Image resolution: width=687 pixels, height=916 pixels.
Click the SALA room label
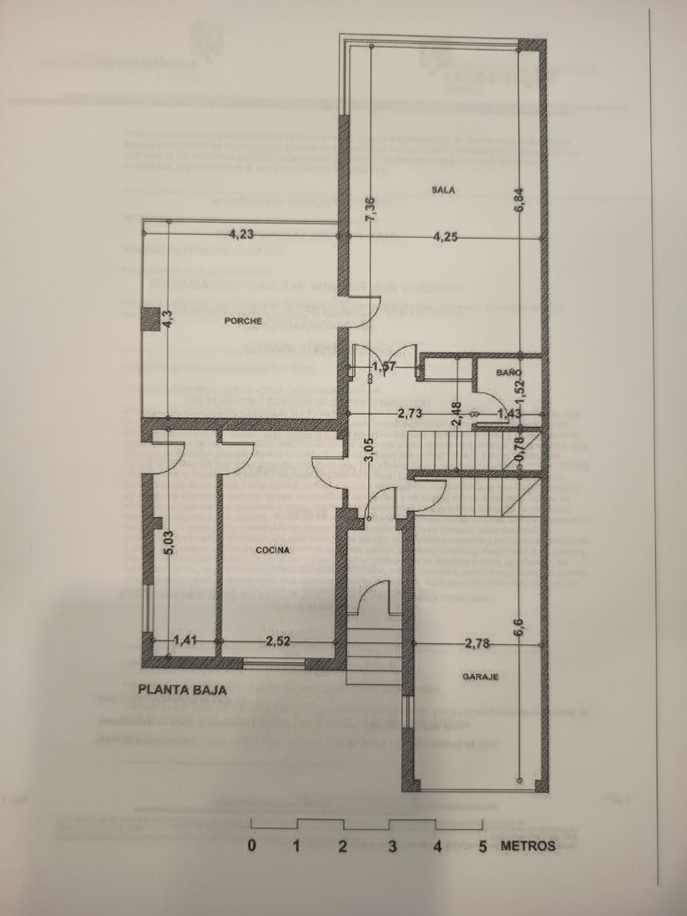pos(443,190)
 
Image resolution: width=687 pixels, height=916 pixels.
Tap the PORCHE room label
pos(243,321)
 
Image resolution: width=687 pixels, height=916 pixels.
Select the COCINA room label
pos(273,550)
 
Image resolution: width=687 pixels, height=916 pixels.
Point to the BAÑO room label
pos(508,373)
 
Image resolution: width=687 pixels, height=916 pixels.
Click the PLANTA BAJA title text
pos(183,689)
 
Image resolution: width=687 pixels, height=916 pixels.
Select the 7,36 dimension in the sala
pos(371,209)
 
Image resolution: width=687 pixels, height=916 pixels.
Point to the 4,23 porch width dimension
pos(241,235)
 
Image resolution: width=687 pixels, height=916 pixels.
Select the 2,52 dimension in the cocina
pos(278,641)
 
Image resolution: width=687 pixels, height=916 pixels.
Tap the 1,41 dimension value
pos(185,640)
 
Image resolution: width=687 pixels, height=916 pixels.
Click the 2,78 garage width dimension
pos(477,643)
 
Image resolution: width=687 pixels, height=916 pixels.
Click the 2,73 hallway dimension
pos(409,414)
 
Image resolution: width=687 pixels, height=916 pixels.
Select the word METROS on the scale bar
pos(528,845)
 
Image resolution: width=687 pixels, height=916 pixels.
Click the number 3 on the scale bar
pos(392,846)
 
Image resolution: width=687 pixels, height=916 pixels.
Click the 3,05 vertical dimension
pos(371,450)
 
